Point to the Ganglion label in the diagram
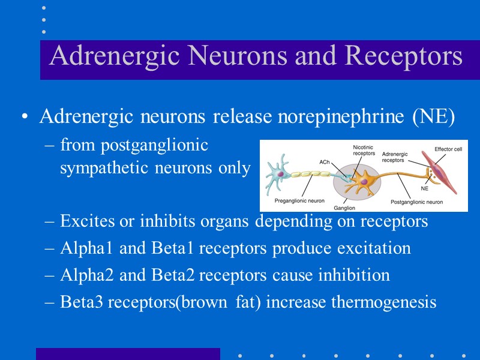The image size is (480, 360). coord(344,208)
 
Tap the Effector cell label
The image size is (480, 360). coord(448,149)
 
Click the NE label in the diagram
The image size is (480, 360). coord(425,188)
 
